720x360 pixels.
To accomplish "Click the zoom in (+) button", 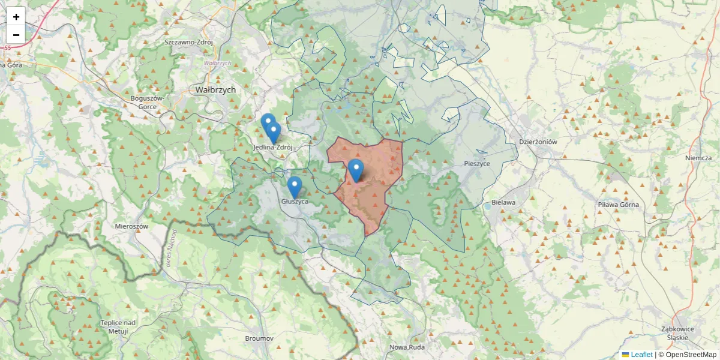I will (x=16, y=17).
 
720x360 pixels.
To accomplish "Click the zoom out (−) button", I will (x=16, y=35).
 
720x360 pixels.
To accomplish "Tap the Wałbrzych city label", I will (x=215, y=89).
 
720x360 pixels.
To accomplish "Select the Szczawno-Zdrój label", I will (x=189, y=43).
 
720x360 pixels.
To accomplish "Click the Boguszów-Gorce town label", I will (x=143, y=102).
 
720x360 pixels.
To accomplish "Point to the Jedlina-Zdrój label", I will (x=273, y=147).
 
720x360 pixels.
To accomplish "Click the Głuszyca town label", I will (x=295, y=202).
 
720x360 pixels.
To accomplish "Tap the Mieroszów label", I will (x=131, y=226).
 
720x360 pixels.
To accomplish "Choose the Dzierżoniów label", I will (x=538, y=142).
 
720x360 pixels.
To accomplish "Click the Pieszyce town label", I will (x=477, y=163).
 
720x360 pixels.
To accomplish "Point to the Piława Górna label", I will (x=619, y=205).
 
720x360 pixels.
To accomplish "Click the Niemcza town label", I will (x=698, y=158).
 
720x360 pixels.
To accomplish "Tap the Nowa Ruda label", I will (x=407, y=347).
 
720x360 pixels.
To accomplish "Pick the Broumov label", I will (x=259, y=338).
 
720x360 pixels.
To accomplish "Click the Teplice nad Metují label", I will (x=118, y=327).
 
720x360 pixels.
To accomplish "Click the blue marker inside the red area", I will (x=356, y=171).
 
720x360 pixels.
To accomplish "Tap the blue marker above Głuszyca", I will (x=294, y=187).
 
